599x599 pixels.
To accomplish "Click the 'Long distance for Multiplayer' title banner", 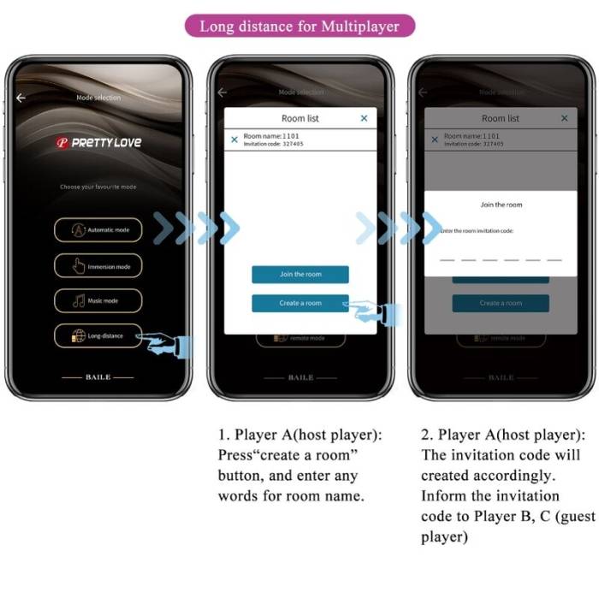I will [299, 26].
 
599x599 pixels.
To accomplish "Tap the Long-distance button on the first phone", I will [99, 336].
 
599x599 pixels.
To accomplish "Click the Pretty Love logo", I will [98, 143].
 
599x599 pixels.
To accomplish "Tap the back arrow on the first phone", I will [21, 98].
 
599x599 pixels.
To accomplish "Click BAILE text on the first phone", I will [98, 377].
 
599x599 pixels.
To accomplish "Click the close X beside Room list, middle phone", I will [364, 118].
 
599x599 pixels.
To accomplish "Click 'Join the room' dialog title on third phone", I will [501, 205].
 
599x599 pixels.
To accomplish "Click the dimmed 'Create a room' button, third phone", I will [501, 303].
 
